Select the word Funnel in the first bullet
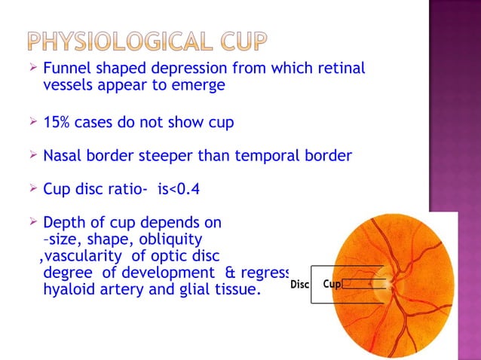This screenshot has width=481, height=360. coord(66,69)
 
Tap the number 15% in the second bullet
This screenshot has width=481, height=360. coord(59,122)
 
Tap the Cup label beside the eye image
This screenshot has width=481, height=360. coord(332,285)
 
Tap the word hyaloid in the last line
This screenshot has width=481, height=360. coord(70,288)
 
